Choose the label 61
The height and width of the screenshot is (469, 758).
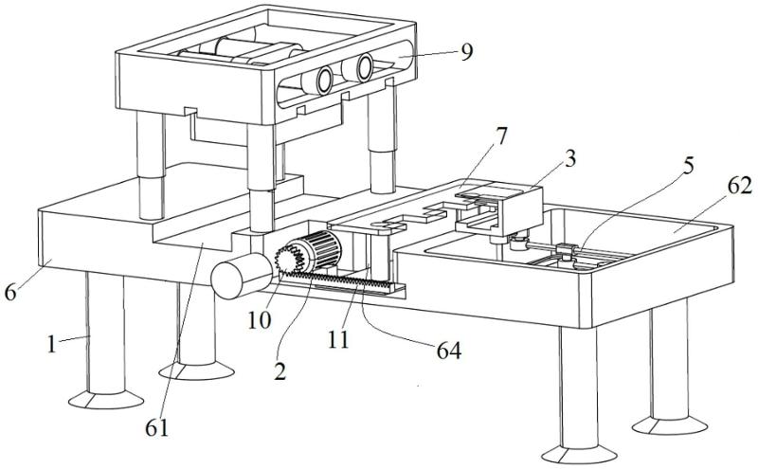pyautogui.click(x=158, y=426)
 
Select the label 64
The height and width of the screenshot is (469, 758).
pyautogui.click(x=447, y=351)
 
